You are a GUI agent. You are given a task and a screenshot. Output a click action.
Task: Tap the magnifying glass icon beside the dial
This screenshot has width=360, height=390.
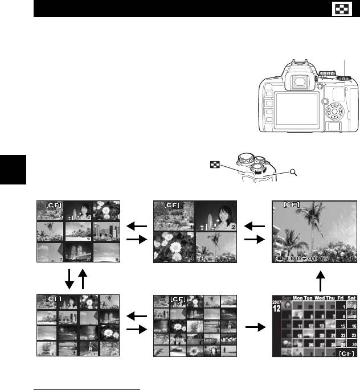coord(293,173)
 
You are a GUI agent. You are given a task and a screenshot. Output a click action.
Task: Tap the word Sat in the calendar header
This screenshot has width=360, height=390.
coord(351,298)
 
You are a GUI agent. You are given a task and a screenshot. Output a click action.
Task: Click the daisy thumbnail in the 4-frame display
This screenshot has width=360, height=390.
coord(174,247)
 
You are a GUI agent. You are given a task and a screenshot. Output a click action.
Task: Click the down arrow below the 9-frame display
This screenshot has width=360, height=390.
coord(68,278)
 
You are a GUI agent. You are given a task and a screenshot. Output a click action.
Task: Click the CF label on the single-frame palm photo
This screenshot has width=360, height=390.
coord(292,204)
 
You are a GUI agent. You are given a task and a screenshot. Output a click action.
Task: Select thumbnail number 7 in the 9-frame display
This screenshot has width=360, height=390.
coord(50,253)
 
